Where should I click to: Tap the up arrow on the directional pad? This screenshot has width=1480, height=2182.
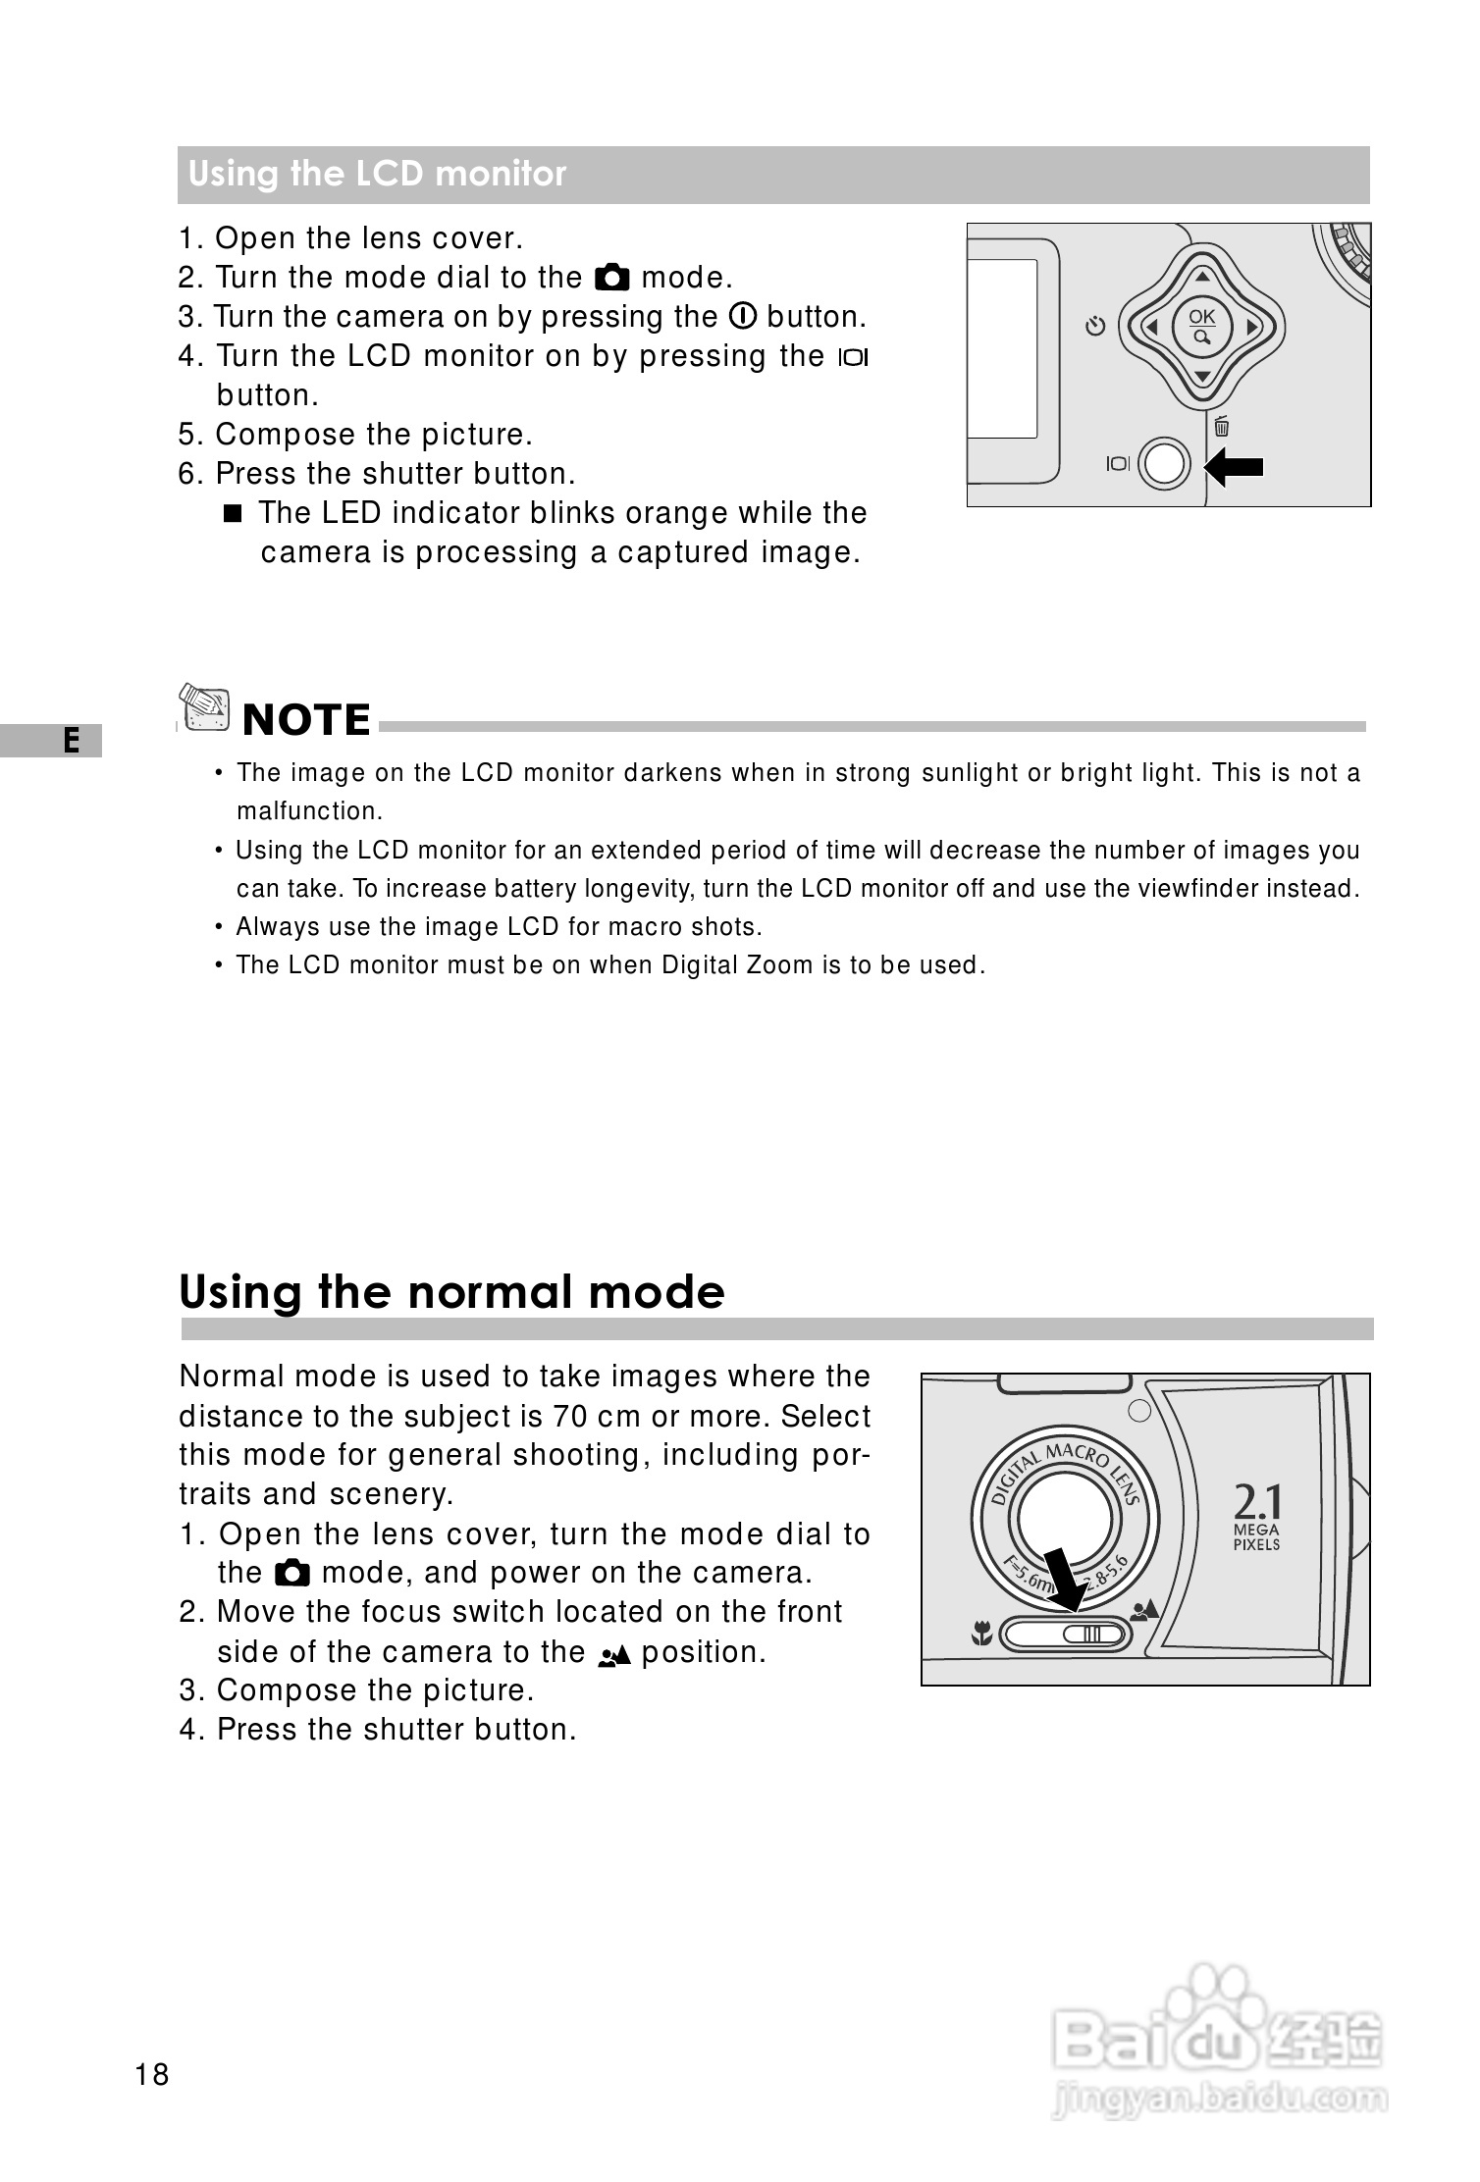[x=1201, y=276]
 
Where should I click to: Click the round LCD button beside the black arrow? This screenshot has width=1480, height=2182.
[x=1165, y=464]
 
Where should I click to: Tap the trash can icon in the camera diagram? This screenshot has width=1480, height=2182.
[x=1221, y=426]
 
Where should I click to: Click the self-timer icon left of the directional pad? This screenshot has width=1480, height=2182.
[x=1096, y=325]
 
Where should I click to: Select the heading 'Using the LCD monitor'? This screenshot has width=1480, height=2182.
[x=378, y=175]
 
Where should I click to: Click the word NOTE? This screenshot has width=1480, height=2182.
[x=306, y=720]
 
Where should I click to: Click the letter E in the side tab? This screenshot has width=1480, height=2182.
[x=71, y=740]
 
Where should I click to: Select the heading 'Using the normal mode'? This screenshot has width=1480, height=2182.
[x=451, y=1291]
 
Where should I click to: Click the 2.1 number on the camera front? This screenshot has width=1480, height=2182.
[x=1256, y=1502]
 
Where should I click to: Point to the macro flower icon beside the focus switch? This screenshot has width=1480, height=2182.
[x=979, y=1635]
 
